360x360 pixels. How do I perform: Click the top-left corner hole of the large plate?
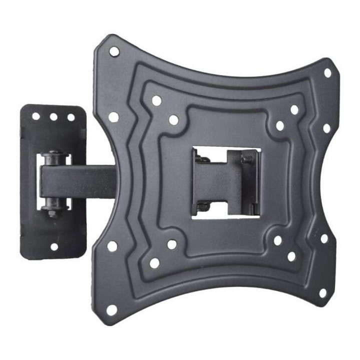[x=114, y=51]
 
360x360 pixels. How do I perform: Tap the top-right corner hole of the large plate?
[x=327, y=73]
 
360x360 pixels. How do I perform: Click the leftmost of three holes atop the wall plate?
[x=36, y=116]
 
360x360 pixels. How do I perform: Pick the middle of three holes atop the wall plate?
[x=53, y=117]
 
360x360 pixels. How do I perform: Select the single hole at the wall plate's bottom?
[x=54, y=246]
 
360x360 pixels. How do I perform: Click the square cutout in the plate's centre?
[x=226, y=182]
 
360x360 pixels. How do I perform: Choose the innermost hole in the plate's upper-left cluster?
[x=173, y=120]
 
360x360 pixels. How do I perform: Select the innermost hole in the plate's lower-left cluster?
[x=171, y=244]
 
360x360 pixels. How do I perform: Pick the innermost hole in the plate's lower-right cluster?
[x=277, y=240]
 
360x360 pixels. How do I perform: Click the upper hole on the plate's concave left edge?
[x=113, y=117]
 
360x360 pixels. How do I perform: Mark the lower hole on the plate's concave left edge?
[x=112, y=246]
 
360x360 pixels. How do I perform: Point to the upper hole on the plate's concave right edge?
[x=326, y=128]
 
